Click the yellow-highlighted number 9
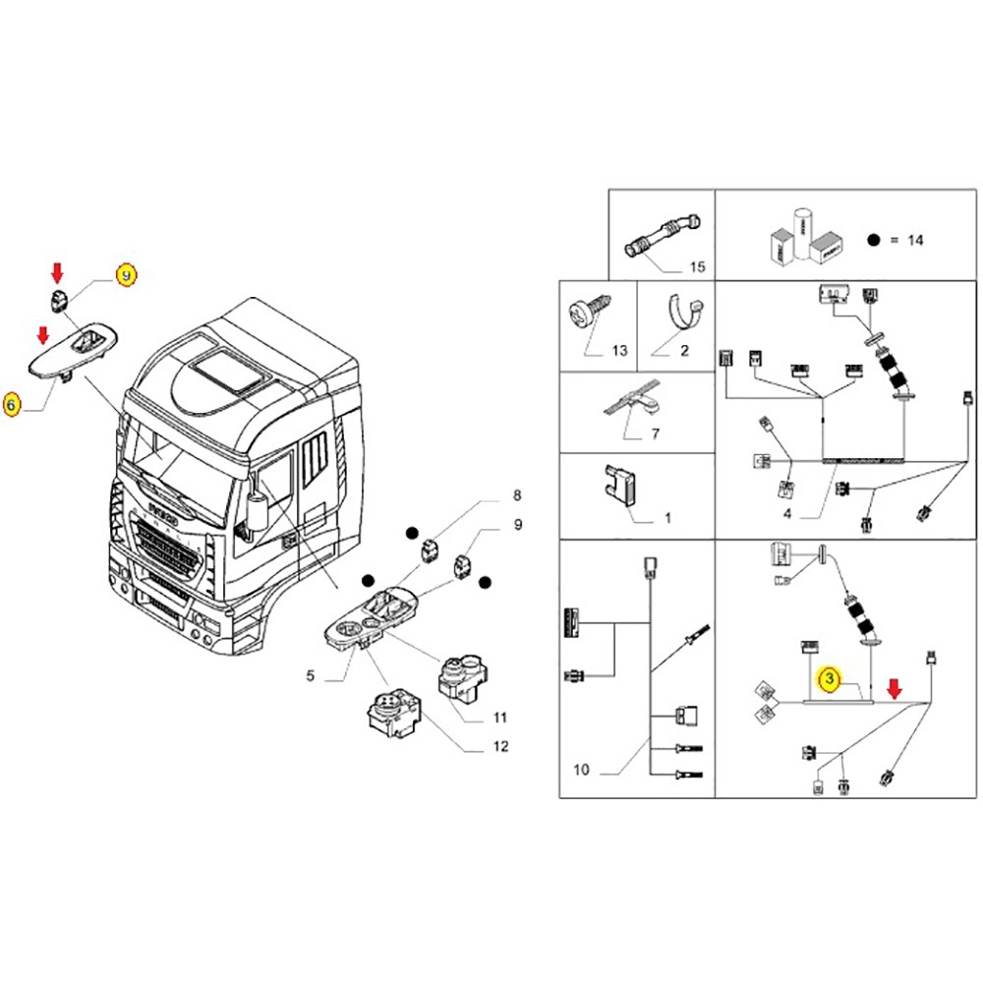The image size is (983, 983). click(127, 275)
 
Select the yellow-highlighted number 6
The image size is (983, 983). click(13, 404)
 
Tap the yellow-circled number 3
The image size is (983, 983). click(831, 678)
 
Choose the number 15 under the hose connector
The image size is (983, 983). click(697, 266)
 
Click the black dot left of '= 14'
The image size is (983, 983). click(872, 240)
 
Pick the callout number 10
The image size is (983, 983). click(581, 770)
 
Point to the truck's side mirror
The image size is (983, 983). click(258, 515)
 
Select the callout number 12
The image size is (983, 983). click(500, 747)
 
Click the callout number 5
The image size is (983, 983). click(310, 676)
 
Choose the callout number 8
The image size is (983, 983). click(517, 494)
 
